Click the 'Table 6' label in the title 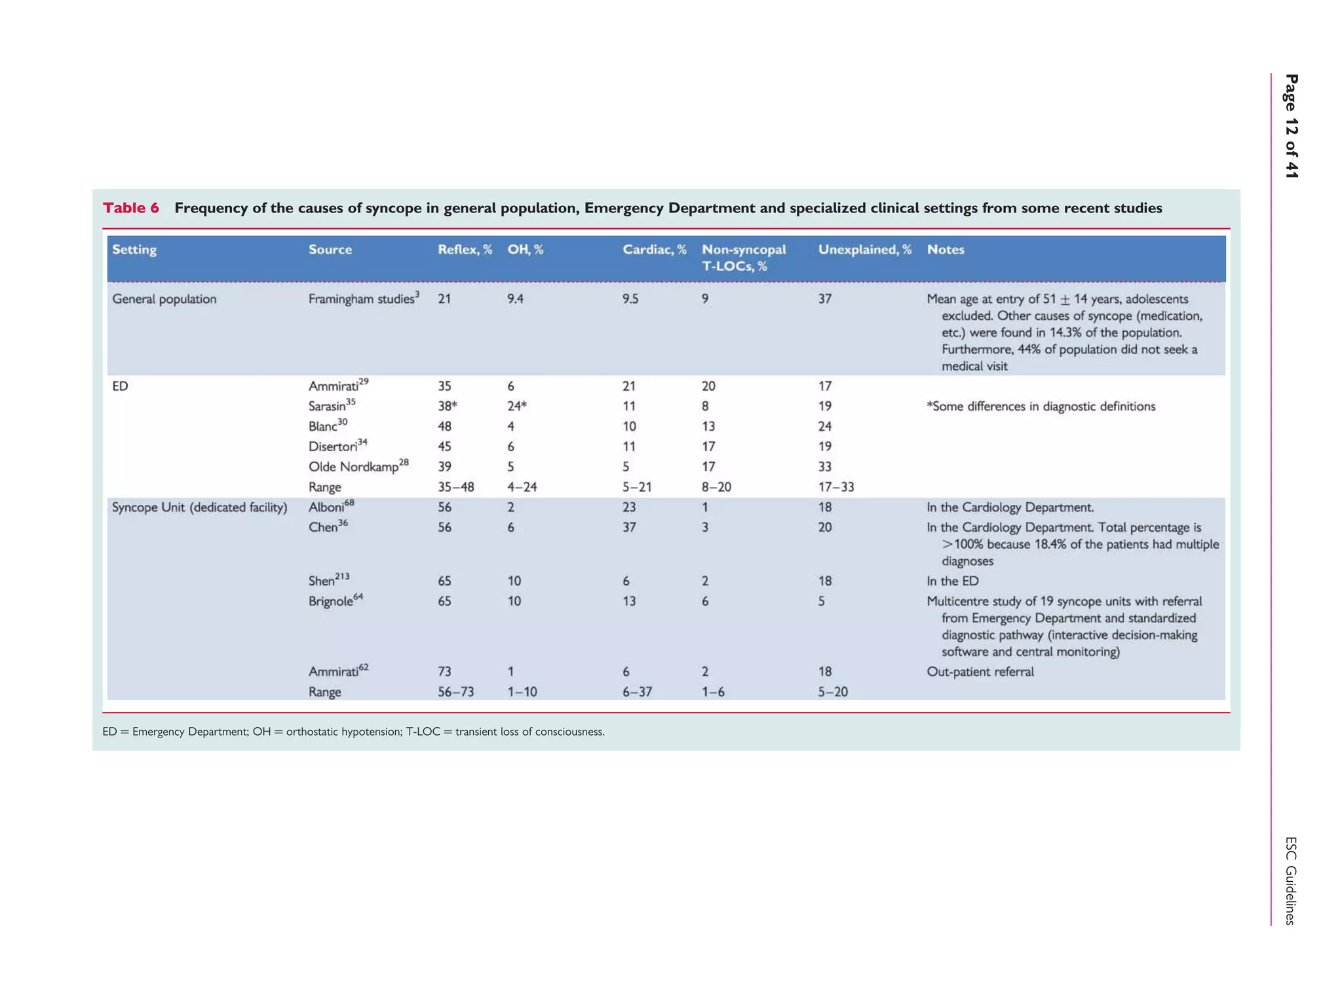pyautogui.click(x=131, y=208)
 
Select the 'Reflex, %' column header pyautogui.click(x=465, y=250)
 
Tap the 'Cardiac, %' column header pyautogui.click(x=654, y=250)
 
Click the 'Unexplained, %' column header pyautogui.click(x=864, y=250)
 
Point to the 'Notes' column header pyautogui.click(x=945, y=250)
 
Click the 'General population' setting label pyautogui.click(x=164, y=300)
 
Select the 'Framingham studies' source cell pyautogui.click(x=363, y=299)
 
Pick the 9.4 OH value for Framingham pyautogui.click(x=516, y=300)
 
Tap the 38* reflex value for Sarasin pyautogui.click(x=447, y=406)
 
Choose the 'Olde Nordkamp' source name pyautogui.click(x=358, y=467)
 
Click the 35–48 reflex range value pyautogui.click(x=455, y=487)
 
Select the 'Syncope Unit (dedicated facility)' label pyautogui.click(x=199, y=507)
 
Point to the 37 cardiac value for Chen pyautogui.click(x=629, y=528)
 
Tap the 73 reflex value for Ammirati pyautogui.click(x=444, y=672)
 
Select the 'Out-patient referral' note pyautogui.click(x=980, y=672)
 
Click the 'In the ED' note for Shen pyautogui.click(x=952, y=582)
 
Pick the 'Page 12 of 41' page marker pyautogui.click(x=1291, y=126)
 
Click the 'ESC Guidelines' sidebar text pyautogui.click(x=1290, y=880)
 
